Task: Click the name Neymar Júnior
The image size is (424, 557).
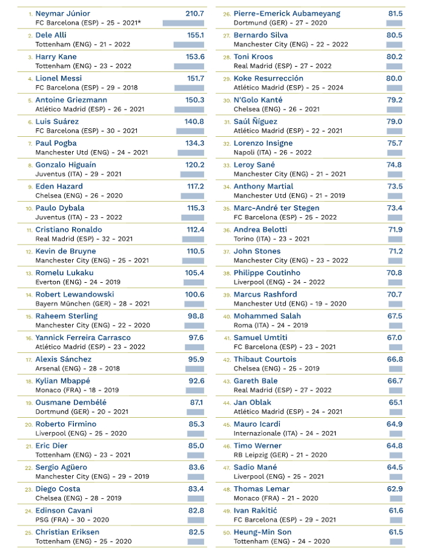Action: pos(62,13)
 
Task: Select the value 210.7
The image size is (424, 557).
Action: pos(194,13)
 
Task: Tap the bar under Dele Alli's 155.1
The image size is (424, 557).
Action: pos(188,45)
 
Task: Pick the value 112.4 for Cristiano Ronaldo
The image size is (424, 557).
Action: pos(194,229)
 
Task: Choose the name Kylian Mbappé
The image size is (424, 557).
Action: pos(62,381)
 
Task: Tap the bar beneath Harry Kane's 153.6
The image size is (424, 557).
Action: pos(189,66)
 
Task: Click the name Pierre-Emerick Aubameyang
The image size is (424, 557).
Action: pos(287,13)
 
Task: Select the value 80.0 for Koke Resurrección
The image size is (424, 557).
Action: pos(394,78)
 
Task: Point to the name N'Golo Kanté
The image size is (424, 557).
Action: pos(258,100)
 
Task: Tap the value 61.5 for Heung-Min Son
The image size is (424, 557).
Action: pos(396,532)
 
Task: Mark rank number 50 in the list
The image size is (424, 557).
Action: pos(227,533)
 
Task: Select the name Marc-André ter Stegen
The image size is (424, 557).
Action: pos(276,208)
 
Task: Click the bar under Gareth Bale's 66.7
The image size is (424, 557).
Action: pos(396,391)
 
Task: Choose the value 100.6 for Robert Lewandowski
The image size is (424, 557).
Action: pos(194,294)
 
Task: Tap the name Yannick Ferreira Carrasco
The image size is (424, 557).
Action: pos(83,337)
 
